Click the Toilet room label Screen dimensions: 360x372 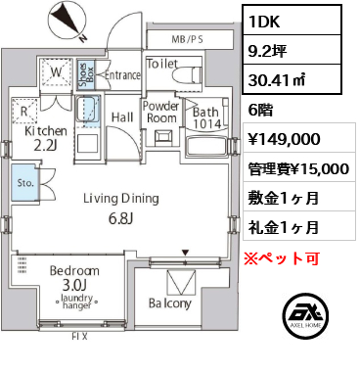coord(162,64)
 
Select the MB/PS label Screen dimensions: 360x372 coord(187,39)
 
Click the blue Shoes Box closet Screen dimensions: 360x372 coord(86,74)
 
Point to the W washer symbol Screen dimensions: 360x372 coord(56,72)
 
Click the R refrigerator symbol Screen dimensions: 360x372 coord(24,112)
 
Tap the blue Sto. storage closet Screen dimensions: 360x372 coord(23,184)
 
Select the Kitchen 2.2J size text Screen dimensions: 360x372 coord(46,147)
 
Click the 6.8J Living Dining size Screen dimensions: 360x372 coord(120,219)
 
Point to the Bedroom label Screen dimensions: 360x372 coord(74,270)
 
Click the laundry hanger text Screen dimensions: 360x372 coord(76,302)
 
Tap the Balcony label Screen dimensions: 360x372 coord(170,303)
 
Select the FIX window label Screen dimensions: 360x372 coord(79,337)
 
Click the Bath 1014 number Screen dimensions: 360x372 coord(207,123)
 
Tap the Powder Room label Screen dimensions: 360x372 coord(161,112)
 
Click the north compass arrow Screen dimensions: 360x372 coord(67,21)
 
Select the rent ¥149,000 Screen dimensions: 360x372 coord(284,139)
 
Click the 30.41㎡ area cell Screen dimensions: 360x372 coord(277,80)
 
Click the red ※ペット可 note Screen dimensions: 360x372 coord(282,258)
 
